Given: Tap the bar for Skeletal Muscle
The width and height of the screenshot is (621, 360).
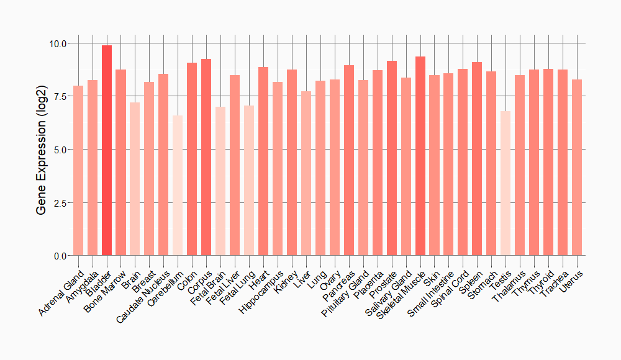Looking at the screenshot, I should [x=420, y=156].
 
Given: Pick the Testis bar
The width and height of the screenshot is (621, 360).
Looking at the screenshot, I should [x=505, y=183].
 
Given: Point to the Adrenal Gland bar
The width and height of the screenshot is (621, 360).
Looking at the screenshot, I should [x=78, y=171].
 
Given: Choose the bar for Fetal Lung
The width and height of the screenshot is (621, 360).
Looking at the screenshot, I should [x=249, y=181].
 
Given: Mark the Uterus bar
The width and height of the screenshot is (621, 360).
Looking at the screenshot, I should [x=577, y=168].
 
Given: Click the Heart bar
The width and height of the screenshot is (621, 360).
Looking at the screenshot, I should [x=263, y=161].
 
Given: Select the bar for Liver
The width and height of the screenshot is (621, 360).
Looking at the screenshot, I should [x=306, y=173].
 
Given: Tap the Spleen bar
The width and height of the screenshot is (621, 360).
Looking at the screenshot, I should [x=477, y=159].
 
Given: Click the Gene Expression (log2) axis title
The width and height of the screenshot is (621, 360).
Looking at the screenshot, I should [x=42, y=150].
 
